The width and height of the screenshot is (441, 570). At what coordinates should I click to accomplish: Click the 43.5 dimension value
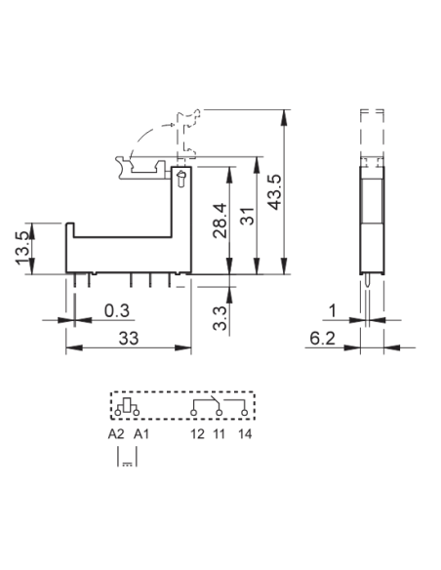[x=274, y=192]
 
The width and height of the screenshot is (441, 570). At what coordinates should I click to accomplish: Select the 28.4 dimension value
[x=220, y=221]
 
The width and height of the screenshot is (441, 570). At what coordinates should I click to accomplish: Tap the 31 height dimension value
[x=248, y=216]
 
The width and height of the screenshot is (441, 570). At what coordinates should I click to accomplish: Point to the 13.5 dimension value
[x=22, y=248]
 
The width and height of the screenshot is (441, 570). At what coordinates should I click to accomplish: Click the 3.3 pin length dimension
[x=220, y=318]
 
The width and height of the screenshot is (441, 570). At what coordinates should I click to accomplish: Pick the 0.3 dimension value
[x=117, y=310]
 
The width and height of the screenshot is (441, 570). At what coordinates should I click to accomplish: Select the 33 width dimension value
[x=129, y=339]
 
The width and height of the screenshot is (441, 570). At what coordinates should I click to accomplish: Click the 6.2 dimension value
[x=322, y=339]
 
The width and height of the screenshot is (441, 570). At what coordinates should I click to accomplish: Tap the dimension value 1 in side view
[x=333, y=310]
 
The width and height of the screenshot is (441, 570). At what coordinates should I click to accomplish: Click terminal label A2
[x=116, y=433]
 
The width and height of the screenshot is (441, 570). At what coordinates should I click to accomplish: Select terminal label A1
[x=140, y=433]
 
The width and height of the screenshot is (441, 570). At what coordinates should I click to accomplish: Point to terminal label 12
[x=198, y=433]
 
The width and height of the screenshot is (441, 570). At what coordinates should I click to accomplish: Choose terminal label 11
[x=220, y=433]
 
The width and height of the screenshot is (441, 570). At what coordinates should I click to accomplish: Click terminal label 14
[x=245, y=433]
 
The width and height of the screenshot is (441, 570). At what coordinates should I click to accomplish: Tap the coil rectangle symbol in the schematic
[x=127, y=405]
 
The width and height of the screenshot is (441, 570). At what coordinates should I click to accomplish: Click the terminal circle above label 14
[x=245, y=413]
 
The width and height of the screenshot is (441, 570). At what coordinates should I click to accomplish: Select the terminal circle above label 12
[x=193, y=413]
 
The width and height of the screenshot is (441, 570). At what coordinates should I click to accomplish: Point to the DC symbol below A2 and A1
[x=127, y=465]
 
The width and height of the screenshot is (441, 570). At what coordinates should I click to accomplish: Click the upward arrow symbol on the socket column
[x=180, y=179]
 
